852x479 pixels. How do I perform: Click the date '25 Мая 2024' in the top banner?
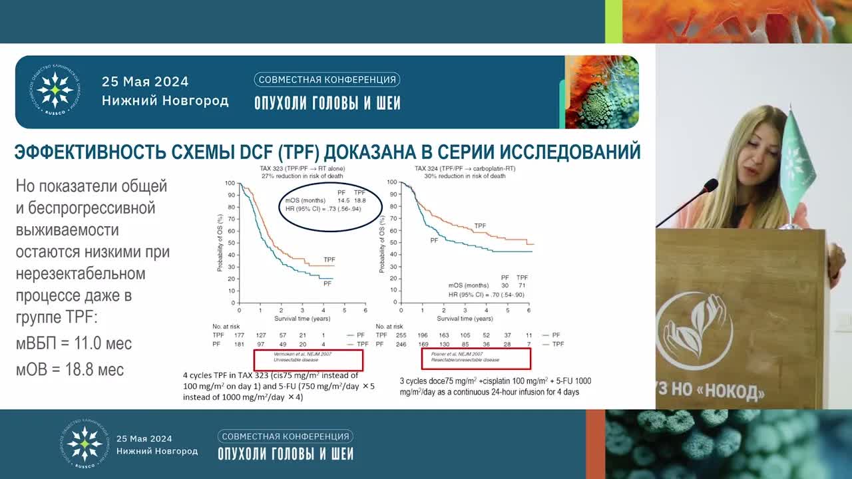145,82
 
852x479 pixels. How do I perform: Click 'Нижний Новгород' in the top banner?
165,101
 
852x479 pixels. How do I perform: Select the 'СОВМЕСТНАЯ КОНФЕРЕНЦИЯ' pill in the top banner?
327,80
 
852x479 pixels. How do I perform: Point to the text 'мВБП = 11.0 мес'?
74,343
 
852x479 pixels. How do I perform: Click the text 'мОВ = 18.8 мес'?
70,370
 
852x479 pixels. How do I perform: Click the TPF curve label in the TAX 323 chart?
329,259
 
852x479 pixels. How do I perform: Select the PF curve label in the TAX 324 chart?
434,239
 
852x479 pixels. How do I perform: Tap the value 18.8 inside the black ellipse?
359,200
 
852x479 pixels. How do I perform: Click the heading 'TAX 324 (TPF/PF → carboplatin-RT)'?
465,169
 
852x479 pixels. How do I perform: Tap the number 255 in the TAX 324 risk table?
401,335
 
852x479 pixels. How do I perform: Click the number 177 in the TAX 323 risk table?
241,335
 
